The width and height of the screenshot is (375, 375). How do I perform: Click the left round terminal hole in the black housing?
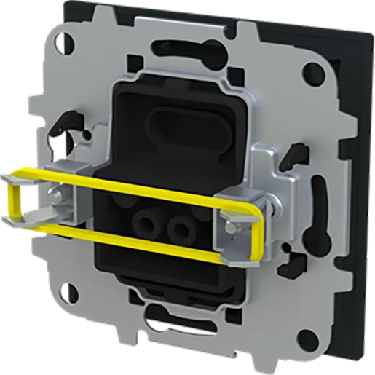coord(150,225)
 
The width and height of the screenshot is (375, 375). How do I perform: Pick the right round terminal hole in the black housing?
coord(178,232)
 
